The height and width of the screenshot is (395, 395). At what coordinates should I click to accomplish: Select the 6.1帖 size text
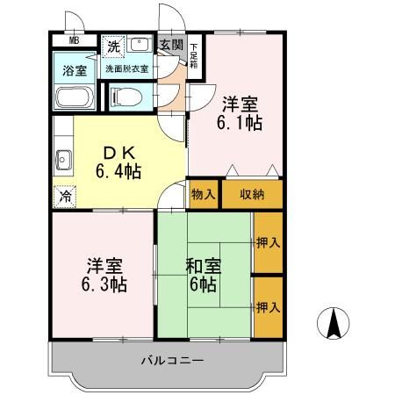(238, 122)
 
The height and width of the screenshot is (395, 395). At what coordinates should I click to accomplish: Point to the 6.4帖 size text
(118, 169)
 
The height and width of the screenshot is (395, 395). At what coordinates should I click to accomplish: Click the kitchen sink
(63, 161)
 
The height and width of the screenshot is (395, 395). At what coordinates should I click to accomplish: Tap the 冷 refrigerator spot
(63, 197)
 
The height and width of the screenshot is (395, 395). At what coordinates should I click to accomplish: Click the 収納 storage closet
(252, 194)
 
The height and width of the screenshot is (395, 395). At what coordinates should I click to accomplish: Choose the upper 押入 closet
(268, 242)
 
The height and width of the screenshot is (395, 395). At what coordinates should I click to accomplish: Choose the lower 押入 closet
(268, 308)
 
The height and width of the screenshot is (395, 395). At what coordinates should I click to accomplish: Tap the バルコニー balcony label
(172, 361)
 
